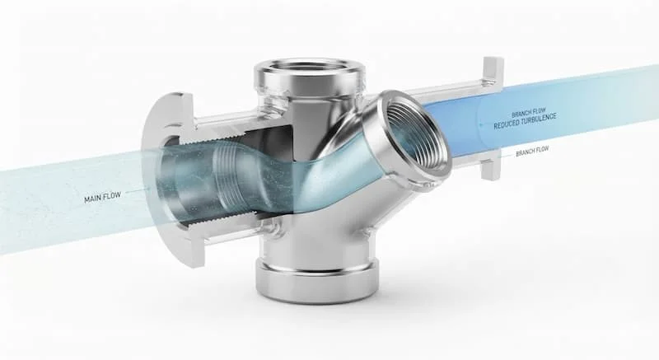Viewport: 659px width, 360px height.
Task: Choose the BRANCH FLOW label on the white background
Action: [x=532, y=152]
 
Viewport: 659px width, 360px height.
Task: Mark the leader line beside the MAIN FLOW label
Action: [x=137, y=191]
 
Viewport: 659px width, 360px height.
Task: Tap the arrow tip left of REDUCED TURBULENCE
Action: [x=481, y=125]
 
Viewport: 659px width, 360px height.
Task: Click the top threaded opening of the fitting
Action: [x=310, y=70]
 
